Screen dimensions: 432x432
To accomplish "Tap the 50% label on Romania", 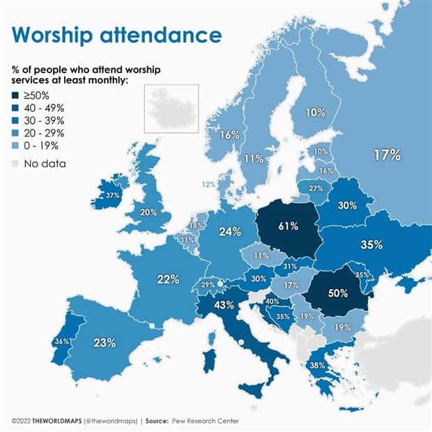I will (x=338, y=293).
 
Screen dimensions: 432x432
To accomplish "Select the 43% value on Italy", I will (x=224, y=305).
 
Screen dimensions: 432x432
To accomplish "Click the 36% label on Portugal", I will (x=62, y=341).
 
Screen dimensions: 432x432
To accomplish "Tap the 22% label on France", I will (x=168, y=279).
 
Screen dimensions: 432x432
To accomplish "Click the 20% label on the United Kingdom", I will (x=148, y=213).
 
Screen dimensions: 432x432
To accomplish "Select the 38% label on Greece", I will (x=318, y=364).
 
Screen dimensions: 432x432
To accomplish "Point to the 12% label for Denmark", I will (x=208, y=185).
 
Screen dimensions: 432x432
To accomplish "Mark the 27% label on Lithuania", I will (x=316, y=188).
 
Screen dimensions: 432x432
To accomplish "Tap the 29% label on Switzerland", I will (x=208, y=285).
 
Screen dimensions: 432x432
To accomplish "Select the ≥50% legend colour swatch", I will (x=16, y=95).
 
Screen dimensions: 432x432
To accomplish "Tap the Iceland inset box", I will (x=171, y=108).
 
